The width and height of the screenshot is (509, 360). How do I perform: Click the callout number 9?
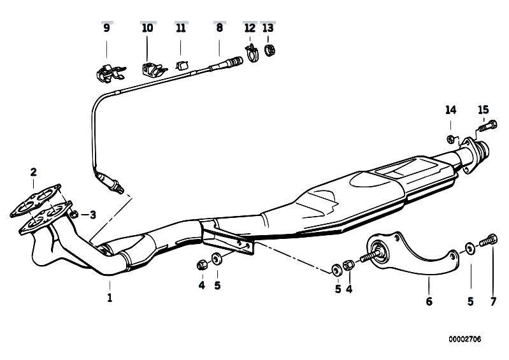point(106,28)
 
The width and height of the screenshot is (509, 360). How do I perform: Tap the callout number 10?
point(147,28)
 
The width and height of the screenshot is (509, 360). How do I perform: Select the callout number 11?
point(181,28)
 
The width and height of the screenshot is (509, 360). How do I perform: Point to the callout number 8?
point(219,28)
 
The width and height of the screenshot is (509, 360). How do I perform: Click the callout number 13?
point(268,28)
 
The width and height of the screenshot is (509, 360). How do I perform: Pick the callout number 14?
point(450,110)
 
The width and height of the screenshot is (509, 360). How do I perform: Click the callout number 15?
point(483,110)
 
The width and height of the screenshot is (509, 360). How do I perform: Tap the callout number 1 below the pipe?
point(110,298)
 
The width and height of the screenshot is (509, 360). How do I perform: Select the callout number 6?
point(429,301)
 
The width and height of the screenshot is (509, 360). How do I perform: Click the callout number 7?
point(493,302)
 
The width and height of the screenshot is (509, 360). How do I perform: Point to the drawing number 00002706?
point(465,340)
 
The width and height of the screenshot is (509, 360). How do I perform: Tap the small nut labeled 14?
point(450,140)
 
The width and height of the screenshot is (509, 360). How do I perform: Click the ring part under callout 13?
point(269,50)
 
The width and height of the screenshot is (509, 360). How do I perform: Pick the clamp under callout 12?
point(251,54)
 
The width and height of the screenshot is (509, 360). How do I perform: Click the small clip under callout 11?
point(182,65)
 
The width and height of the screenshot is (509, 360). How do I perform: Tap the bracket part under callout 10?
point(152,69)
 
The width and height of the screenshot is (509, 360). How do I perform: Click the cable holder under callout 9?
point(109,73)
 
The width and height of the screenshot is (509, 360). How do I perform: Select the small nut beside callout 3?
point(74,213)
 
